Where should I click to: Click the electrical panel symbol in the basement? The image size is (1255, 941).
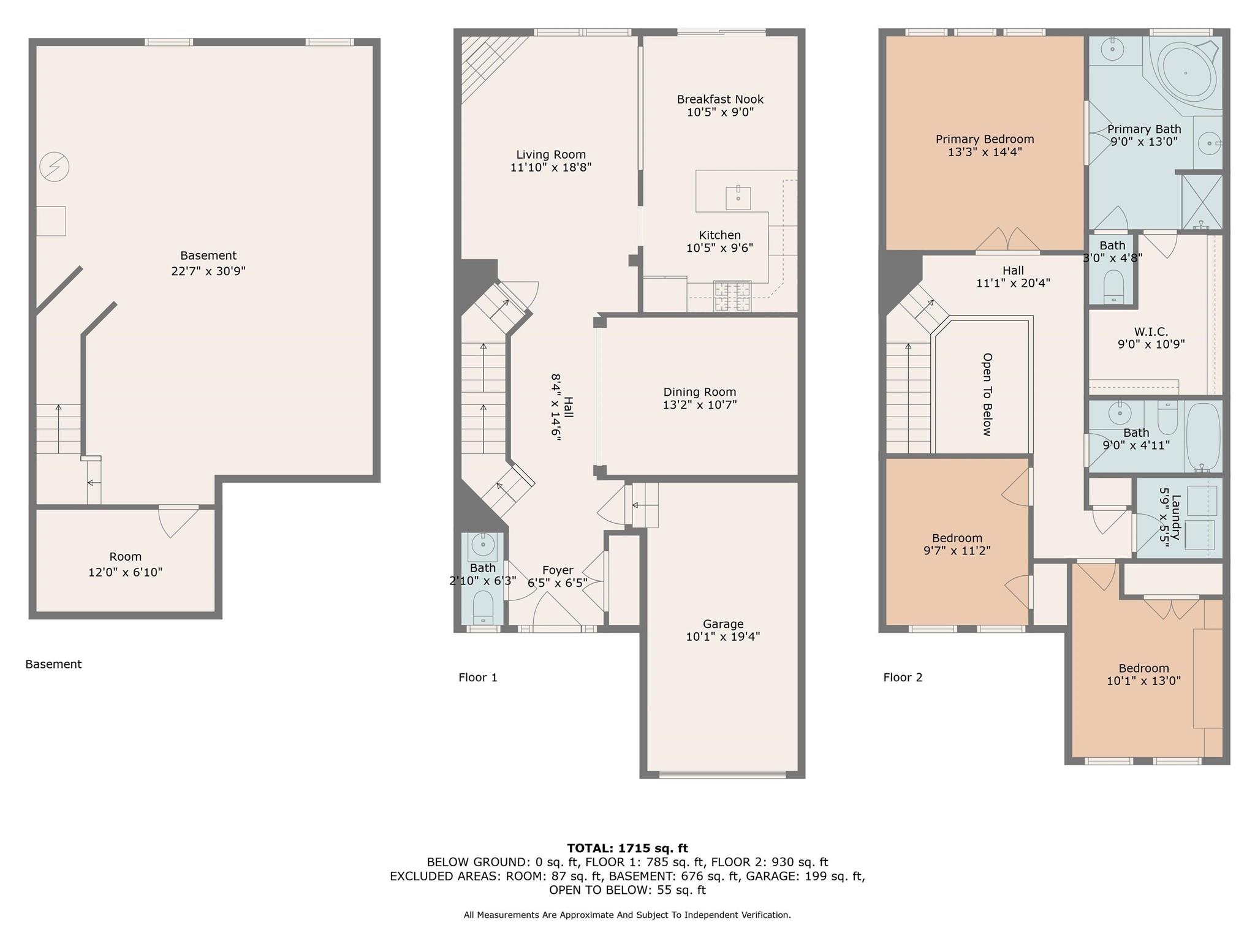point(54,167)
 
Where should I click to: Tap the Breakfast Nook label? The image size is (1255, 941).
point(720,99)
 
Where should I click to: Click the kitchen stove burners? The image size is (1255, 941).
point(732,297)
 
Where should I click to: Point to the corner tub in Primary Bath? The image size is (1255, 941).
point(1186,74)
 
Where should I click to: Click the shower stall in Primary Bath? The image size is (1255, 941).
point(1201,202)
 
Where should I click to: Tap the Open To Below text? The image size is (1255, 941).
point(987,395)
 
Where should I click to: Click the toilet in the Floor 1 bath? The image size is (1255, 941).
point(483,606)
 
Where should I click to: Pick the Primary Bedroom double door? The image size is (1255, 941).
point(1007,241)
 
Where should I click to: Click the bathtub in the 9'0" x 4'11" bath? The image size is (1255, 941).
point(1204,436)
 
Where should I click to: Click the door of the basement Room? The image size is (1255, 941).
point(178,521)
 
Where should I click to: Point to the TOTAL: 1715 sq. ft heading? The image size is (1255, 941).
point(627,848)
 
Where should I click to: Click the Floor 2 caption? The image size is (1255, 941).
point(902,677)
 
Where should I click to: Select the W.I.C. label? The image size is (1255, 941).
point(1150,331)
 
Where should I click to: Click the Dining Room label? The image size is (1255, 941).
point(699,392)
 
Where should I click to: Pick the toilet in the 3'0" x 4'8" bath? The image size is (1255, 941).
point(1113,287)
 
